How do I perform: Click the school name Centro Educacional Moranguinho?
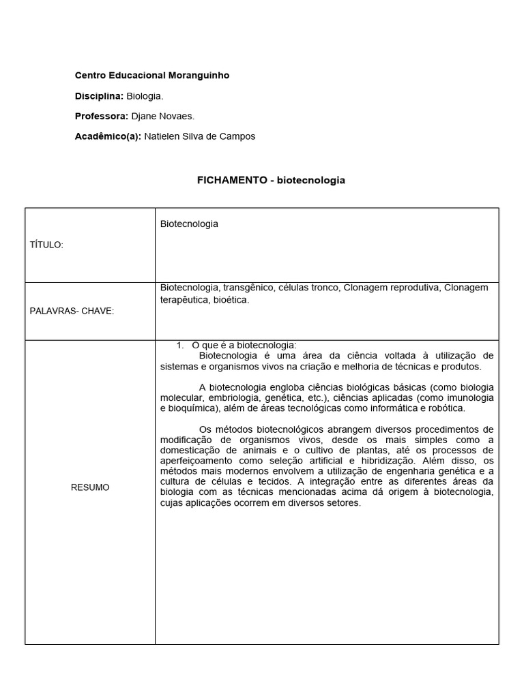[151, 76]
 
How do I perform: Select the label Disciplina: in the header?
[99, 96]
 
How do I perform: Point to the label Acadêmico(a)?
[108, 136]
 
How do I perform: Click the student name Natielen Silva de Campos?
[200, 136]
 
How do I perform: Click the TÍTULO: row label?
[46, 245]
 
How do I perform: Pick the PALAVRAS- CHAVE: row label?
[72, 312]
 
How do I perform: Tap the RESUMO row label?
[90, 487]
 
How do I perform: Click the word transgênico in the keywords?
[248, 288]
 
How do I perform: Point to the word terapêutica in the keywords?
[184, 299]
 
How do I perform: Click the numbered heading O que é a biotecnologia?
[244, 345]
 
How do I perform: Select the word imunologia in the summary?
[470, 398]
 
